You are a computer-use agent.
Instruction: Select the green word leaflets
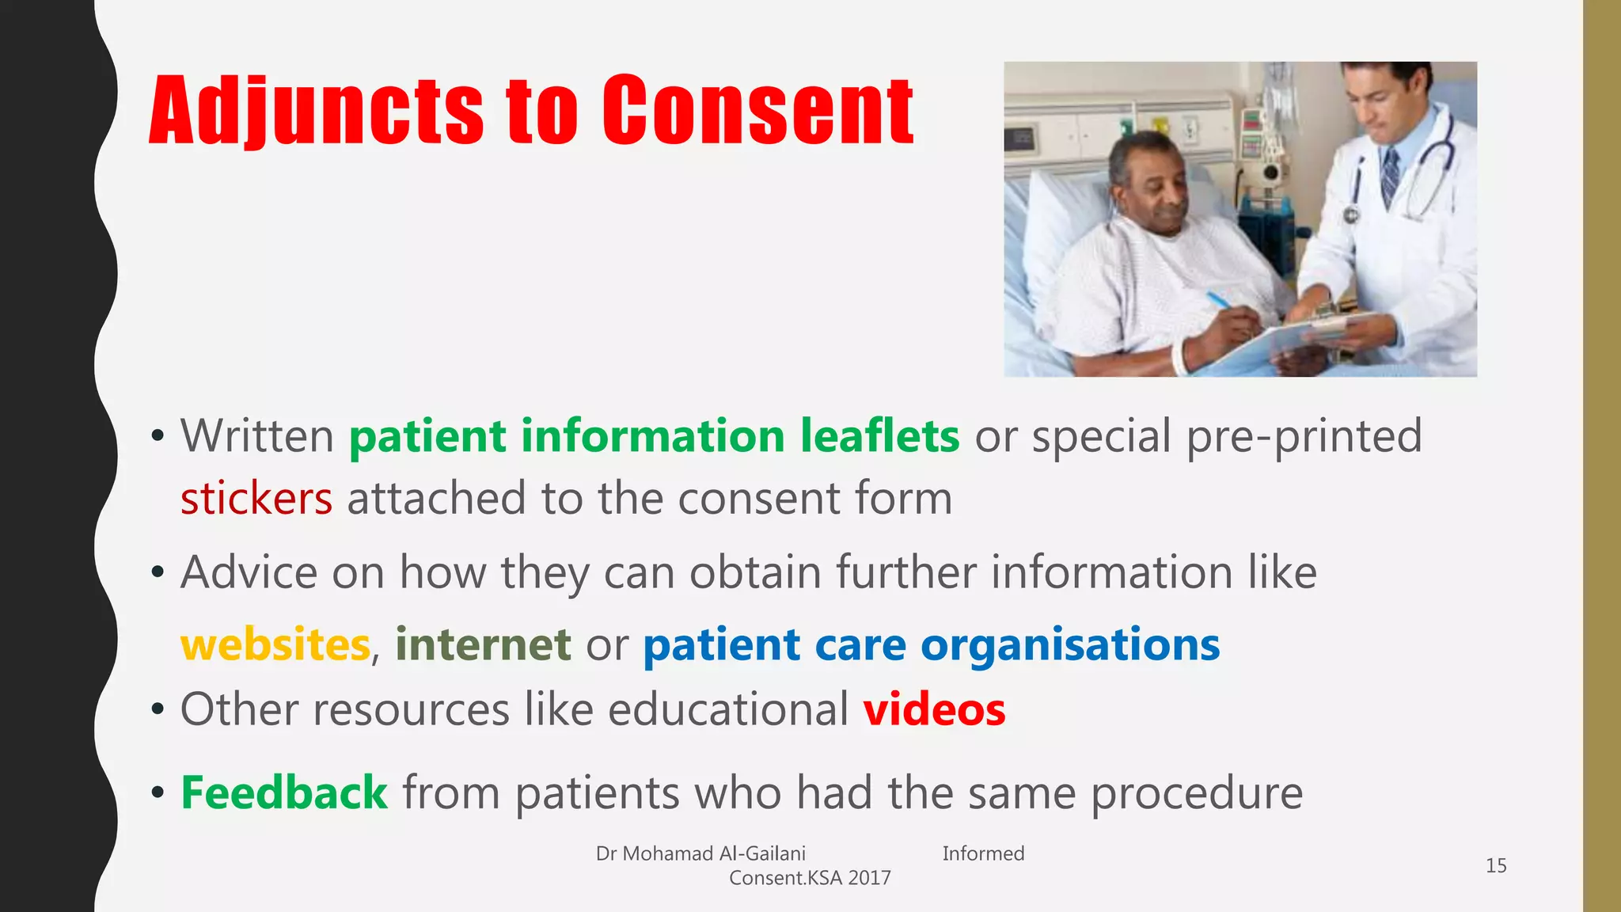(x=879, y=435)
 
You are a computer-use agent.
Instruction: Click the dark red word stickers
(x=256, y=499)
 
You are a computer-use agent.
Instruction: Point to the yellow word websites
(x=275, y=644)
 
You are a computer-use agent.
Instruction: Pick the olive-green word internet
(x=483, y=644)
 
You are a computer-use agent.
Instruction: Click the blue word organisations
(x=1070, y=644)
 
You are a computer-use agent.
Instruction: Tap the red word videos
(x=934, y=709)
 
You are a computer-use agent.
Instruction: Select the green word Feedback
(x=284, y=792)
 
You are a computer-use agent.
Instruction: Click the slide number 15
(x=1495, y=865)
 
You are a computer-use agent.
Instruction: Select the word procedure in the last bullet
(x=1197, y=792)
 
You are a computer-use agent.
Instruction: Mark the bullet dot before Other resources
(x=158, y=709)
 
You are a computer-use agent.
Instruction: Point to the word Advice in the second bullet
(x=249, y=572)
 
